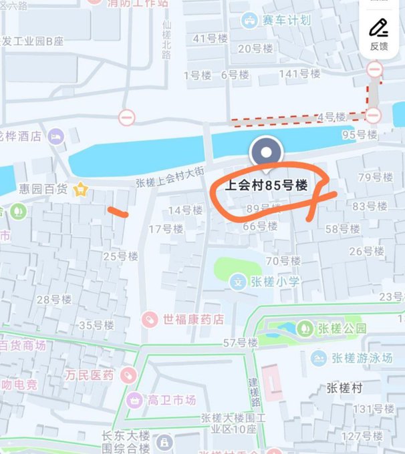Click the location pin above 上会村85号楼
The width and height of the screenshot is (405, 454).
pos(266,153)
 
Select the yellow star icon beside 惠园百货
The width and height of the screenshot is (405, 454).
pos(81,190)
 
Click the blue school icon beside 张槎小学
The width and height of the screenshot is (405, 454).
pos(238,282)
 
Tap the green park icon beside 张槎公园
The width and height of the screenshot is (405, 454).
pos(304,328)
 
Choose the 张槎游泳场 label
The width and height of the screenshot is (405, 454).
pos(360,359)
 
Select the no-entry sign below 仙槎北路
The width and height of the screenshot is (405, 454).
pos(127,118)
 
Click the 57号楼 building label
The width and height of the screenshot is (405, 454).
pos(240,343)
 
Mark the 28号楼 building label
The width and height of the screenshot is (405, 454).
pos(53,299)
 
